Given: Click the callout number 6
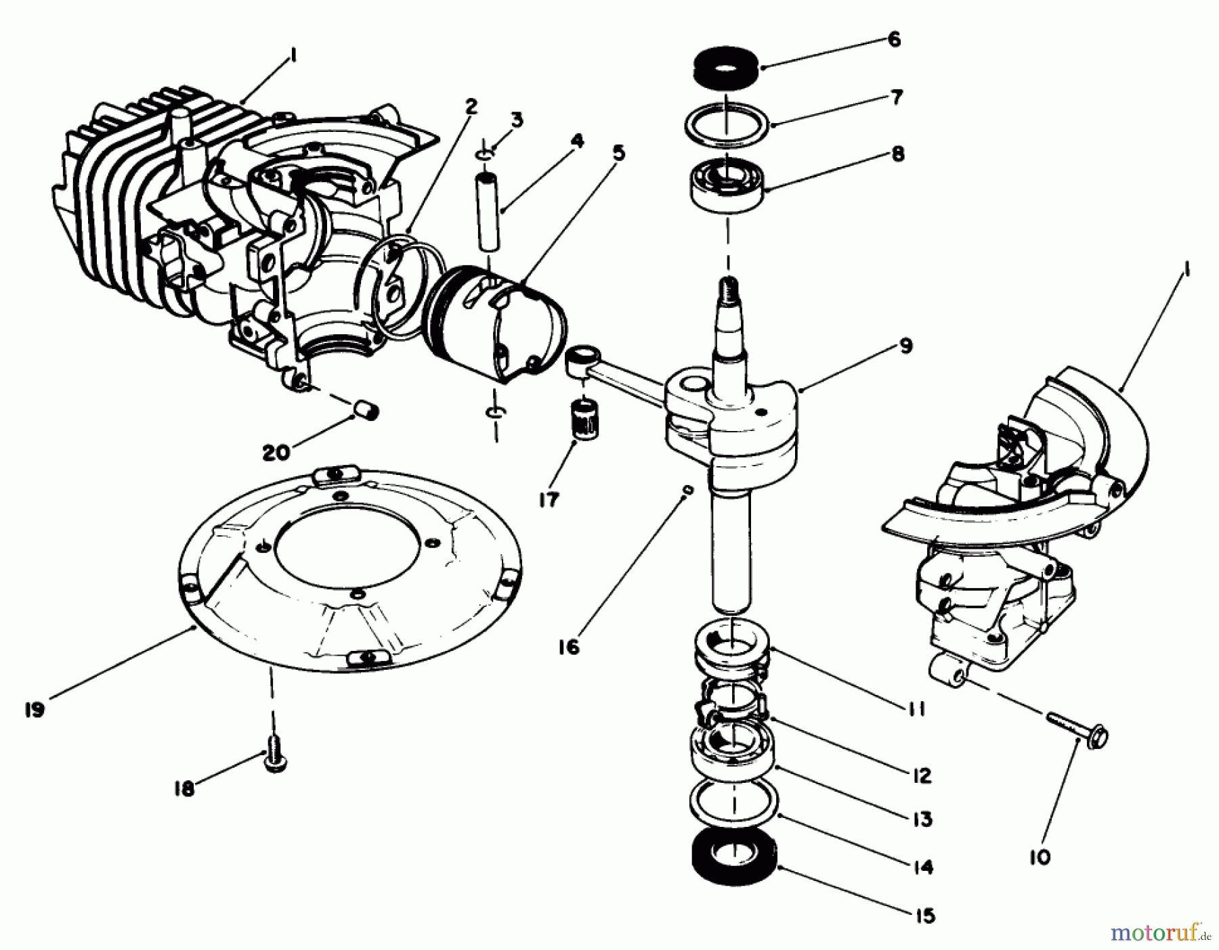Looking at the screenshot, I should tap(894, 39).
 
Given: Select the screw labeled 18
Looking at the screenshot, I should tap(274, 761).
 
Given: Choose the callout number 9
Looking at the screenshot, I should tap(906, 346).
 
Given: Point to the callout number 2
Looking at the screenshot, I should tap(471, 107).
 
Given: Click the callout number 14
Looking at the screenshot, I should tap(922, 867).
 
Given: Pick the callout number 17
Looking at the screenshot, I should tap(549, 499).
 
